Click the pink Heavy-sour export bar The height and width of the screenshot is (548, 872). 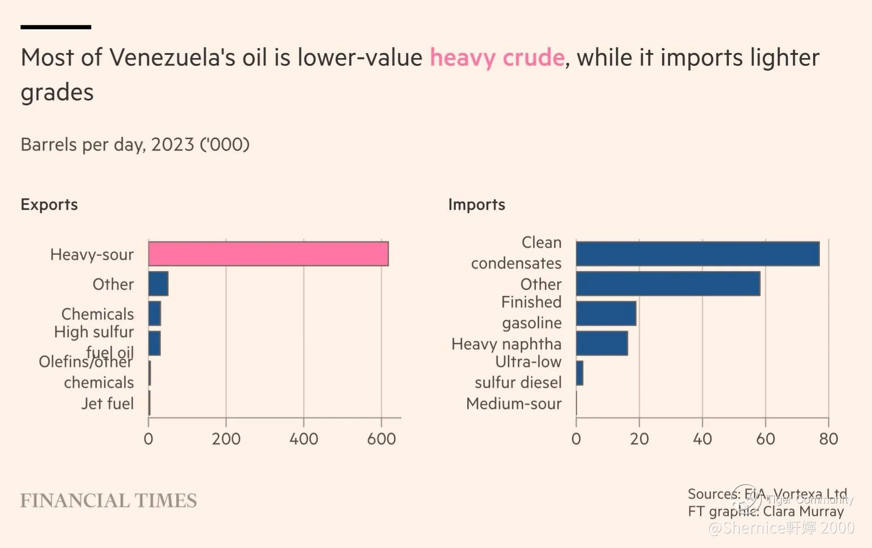268,254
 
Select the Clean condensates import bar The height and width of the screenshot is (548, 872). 697,254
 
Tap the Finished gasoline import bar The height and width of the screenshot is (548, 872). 606,313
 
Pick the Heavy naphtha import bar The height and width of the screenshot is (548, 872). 602,343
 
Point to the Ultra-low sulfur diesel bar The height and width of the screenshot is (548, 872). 580,373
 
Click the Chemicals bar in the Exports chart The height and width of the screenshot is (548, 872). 155,313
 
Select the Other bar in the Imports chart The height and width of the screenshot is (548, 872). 668,284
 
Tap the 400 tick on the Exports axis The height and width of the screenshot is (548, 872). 303,439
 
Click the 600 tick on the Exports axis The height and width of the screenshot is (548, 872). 381,439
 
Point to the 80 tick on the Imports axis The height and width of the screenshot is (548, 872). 828,439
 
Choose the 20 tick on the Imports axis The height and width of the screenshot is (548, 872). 639,439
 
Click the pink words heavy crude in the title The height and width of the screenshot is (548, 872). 497,58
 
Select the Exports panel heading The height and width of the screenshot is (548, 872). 49,204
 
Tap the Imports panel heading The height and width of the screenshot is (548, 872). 476,204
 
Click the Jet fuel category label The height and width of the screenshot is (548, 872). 108,403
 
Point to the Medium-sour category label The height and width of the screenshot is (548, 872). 513,403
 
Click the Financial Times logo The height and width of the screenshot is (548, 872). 108,500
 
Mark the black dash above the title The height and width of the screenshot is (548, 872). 56,27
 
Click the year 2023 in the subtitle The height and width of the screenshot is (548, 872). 172,145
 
